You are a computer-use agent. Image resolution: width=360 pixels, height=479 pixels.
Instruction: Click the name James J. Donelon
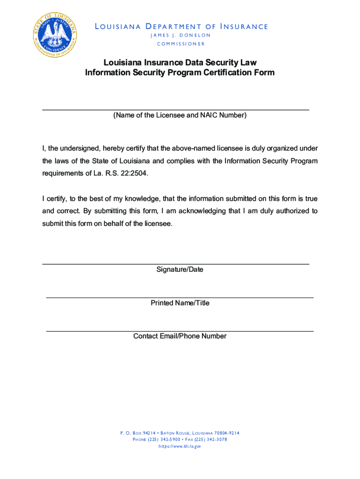click(180, 36)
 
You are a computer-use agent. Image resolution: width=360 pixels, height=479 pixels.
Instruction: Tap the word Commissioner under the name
click(180, 44)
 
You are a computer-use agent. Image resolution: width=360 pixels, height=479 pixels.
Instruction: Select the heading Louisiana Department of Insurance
click(181, 27)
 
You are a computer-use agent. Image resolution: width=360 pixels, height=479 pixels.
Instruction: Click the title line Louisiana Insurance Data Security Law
click(180, 62)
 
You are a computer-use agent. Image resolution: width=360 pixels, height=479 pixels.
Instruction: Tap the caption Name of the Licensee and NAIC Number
click(180, 115)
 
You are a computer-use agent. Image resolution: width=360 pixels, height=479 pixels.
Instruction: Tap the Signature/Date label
click(180, 270)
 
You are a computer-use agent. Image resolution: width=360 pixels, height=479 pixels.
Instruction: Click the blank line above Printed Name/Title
click(180, 297)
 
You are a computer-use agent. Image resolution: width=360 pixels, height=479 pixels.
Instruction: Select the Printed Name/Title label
click(180, 303)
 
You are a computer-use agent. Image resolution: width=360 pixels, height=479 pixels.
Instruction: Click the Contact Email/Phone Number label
click(180, 336)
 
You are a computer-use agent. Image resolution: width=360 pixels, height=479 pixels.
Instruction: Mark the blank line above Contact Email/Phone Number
click(180, 331)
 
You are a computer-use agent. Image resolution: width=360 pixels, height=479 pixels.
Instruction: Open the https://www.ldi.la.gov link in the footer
click(180, 447)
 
